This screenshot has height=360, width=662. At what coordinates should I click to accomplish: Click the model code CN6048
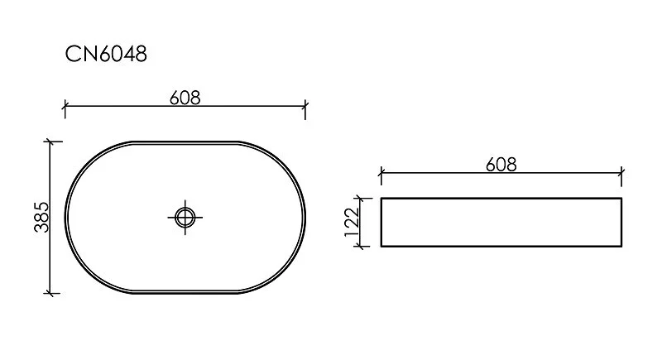point(106,55)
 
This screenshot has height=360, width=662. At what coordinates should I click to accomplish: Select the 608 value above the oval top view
point(185,97)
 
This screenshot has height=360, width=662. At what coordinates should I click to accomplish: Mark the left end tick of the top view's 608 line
point(65,106)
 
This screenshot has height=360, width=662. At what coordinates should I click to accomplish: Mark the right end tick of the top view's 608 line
point(306,106)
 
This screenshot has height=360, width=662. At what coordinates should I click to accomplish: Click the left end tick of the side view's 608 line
point(380,174)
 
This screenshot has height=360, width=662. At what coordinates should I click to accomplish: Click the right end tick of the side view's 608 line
point(621,174)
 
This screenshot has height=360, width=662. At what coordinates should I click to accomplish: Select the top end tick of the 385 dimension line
point(52,142)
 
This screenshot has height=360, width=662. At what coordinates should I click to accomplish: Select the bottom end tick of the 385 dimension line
point(52,292)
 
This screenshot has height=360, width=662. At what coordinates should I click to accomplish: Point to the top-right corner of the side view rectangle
point(621,199)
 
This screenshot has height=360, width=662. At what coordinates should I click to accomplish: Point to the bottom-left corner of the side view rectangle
point(381,247)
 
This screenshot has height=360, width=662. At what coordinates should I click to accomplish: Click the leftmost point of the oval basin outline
point(65,217)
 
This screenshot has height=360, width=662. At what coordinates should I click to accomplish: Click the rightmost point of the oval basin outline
point(306,217)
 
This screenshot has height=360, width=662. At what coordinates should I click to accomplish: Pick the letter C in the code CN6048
point(72,55)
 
